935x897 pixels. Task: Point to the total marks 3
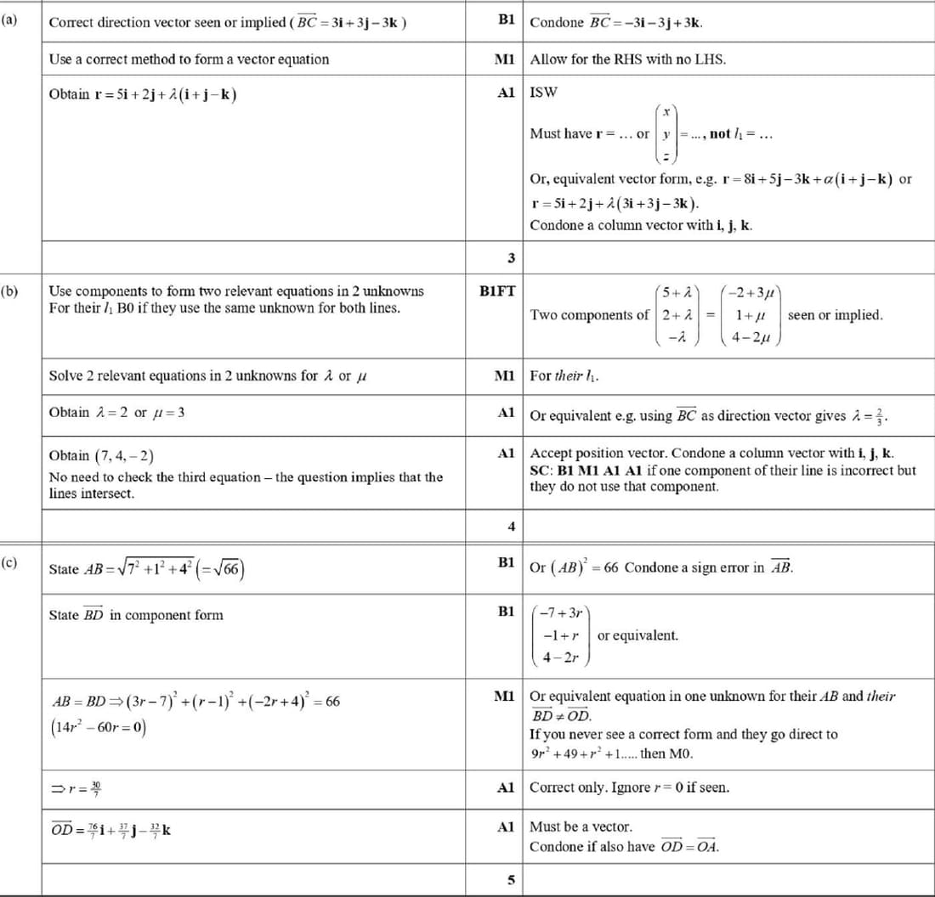tap(511, 257)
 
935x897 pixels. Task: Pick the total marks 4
tap(511, 527)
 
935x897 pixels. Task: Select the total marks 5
tap(511, 880)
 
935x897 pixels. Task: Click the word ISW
tap(543, 93)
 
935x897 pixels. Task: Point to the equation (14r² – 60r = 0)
tap(99, 728)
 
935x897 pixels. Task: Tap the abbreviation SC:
tap(542, 470)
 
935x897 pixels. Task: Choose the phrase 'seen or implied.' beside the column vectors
tap(836, 315)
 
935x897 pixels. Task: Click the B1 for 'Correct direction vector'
tap(507, 21)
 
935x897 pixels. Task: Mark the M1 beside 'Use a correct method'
tap(505, 59)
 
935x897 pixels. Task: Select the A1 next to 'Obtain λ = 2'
tap(507, 413)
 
